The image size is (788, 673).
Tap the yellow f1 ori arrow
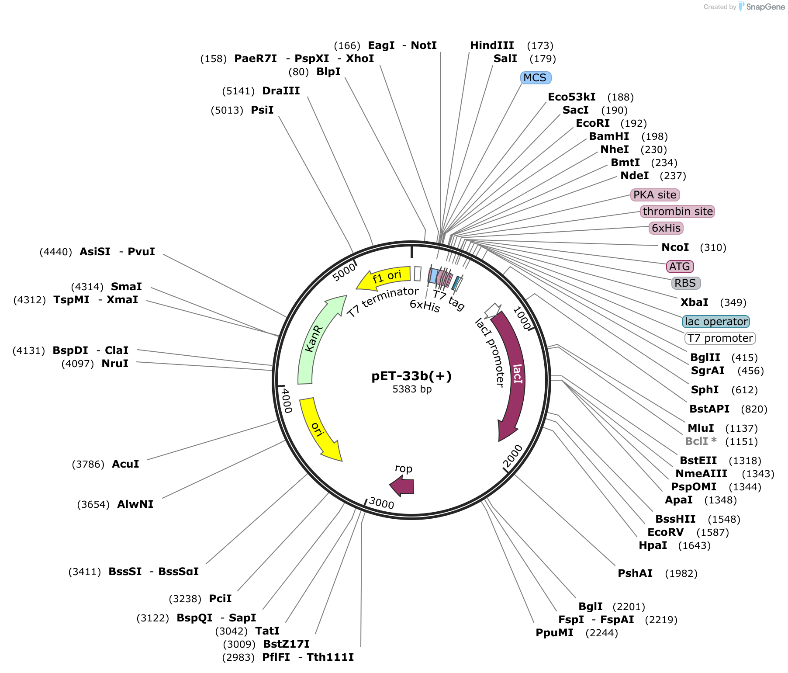384,278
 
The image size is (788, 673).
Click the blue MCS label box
536,78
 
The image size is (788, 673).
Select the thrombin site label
677,212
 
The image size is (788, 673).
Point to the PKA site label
655,195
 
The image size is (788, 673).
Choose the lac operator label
716,322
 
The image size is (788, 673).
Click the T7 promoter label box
720,338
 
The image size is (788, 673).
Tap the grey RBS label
686,283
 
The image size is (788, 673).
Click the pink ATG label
680,267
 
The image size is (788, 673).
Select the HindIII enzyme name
492,45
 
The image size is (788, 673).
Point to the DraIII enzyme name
281,91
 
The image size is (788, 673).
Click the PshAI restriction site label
635,573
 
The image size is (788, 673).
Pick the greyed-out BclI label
701,441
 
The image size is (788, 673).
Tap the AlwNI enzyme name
135,504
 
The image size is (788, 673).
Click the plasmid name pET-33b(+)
411,376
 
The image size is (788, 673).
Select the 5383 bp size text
412,389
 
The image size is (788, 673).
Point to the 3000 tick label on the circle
381,503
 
